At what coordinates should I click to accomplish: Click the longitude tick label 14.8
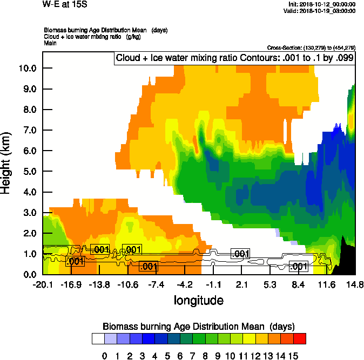[x=355, y=284]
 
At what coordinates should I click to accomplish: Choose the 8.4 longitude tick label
[x=298, y=284]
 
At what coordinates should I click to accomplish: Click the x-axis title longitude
[x=198, y=300]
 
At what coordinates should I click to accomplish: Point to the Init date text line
[x=322, y=4]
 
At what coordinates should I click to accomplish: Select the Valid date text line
[x=322, y=10]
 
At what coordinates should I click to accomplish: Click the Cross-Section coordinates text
[x=311, y=48]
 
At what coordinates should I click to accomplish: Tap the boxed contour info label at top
[x=234, y=58]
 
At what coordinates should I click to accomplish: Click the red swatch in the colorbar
[x=300, y=338]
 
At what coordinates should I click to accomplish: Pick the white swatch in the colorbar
[x=98, y=338]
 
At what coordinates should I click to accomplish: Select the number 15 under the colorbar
[x=293, y=355]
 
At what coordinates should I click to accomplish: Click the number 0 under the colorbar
[x=105, y=355]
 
